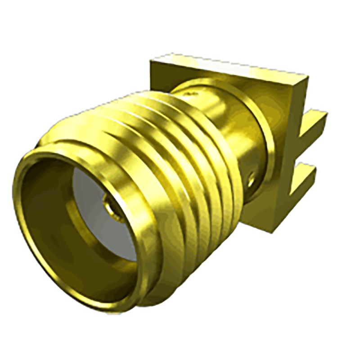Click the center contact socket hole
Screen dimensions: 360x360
pyautogui.click(x=109, y=209)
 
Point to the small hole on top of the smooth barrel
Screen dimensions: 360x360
pyautogui.click(x=193, y=94)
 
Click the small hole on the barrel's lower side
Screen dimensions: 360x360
pyautogui.click(x=252, y=180)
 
